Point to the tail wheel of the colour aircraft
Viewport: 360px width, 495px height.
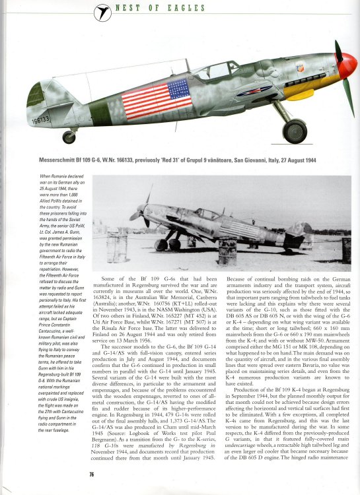[69, 137]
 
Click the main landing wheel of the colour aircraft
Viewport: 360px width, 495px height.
[294, 131]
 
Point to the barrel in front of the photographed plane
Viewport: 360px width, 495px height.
[227, 251]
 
